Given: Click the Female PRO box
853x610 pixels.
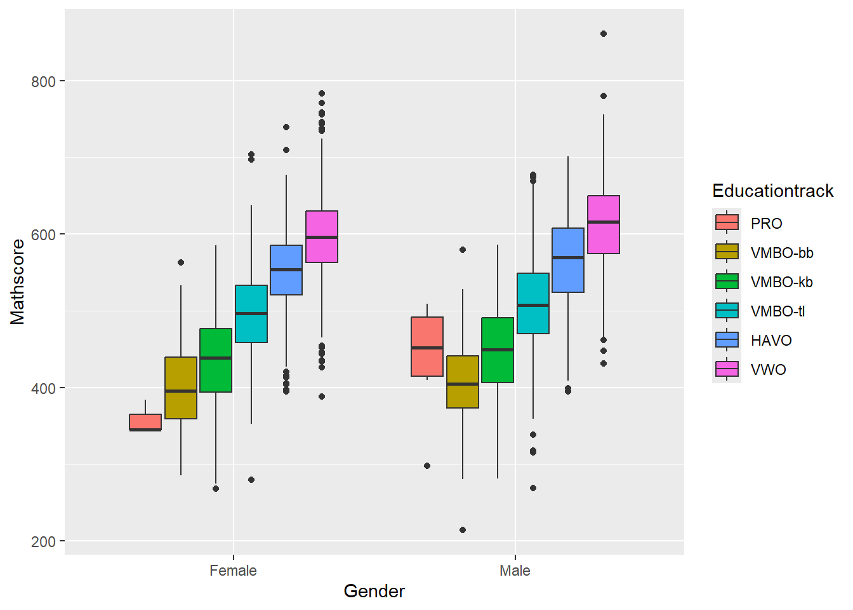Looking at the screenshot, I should [x=145, y=422].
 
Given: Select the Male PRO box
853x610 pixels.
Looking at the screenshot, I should [x=427, y=346].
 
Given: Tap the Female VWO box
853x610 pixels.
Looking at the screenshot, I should [x=322, y=236].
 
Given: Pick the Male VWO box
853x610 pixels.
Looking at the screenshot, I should [x=604, y=224].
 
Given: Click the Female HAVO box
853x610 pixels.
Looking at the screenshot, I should [x=286, y=270].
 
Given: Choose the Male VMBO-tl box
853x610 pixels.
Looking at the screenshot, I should [x=533, y=303].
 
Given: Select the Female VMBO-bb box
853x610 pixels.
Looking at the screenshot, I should [x=181, y=388].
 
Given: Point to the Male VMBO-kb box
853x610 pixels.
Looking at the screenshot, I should [x=498, y=350].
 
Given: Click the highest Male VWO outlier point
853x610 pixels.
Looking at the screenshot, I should [x=604, y=34].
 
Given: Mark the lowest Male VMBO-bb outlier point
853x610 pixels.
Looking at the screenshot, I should [x=463, y=530].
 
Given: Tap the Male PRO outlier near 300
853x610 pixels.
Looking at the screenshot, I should [x=427, y=466].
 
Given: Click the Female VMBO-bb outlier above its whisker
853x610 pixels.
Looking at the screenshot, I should [x=181, y=262].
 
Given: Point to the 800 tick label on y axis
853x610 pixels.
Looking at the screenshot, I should [x=44, y=81].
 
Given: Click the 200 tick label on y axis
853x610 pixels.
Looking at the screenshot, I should [x=44, y=541].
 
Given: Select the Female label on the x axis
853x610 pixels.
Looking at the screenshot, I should [x=233, y=571].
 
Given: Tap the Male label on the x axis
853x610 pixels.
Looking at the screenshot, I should [x=515, y=571].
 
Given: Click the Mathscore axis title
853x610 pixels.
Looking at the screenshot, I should [x=18, y=281].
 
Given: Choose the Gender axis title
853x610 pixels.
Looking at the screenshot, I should [x=374, y=592].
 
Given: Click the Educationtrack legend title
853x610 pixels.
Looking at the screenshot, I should [x=772, y=191].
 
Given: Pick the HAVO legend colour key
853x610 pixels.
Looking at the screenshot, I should [x=727, y=340].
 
